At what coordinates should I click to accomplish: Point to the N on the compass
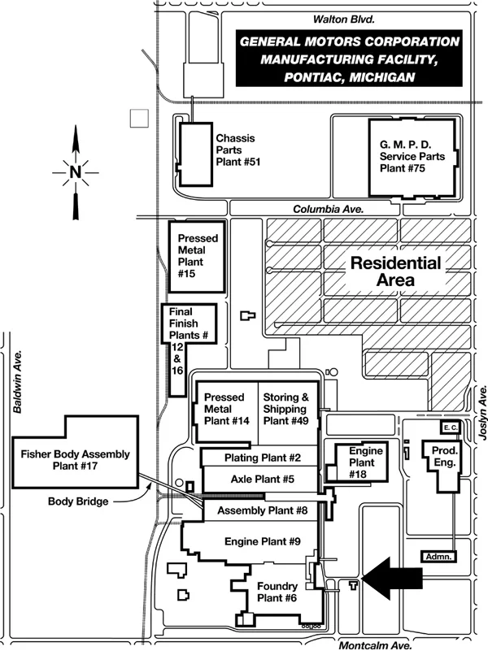[x=75, y=171]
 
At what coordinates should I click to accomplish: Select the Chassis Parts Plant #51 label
[x=238, y=150]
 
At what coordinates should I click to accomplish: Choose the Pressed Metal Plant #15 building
[x=195, y=257]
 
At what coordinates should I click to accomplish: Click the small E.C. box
[x=450, y=427]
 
